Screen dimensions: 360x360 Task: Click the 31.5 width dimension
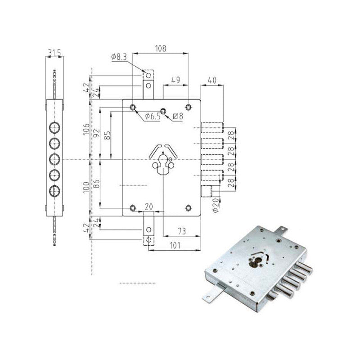click(54, 53)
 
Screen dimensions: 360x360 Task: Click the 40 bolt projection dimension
click(212, 80)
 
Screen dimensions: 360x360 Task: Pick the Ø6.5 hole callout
click(153, 117)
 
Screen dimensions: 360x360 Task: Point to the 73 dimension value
click(181, 231)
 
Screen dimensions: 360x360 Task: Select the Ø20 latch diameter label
click(215, 205)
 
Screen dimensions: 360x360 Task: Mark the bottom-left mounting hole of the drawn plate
click(133, 207)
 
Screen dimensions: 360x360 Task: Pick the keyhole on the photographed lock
click(255, 262)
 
